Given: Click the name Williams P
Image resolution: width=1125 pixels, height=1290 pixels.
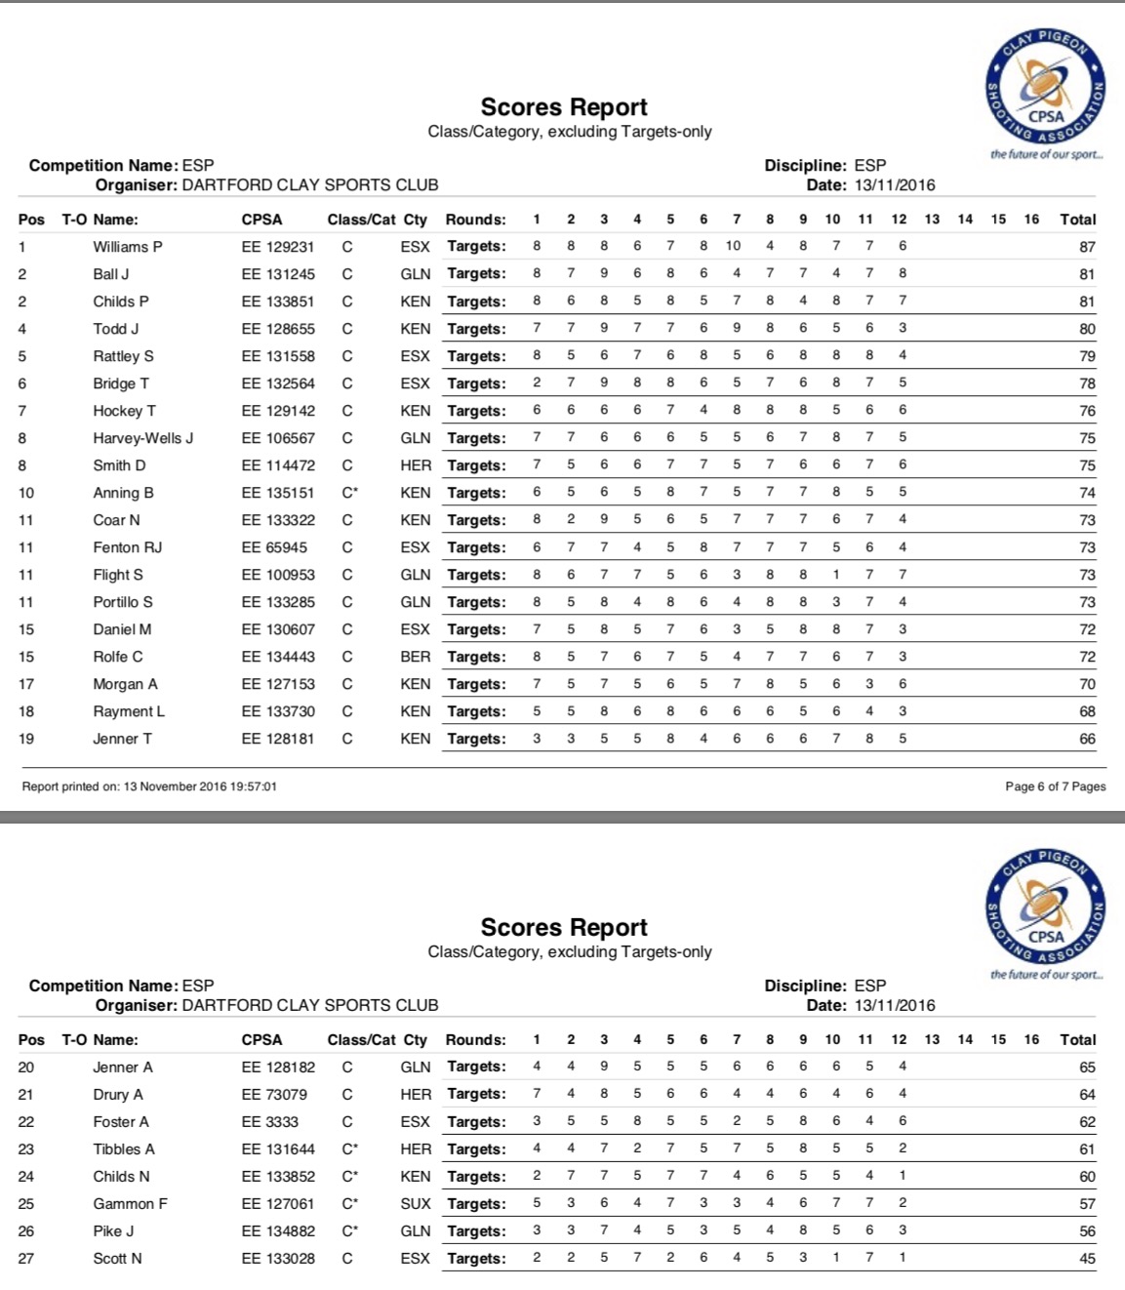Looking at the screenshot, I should point(128,247).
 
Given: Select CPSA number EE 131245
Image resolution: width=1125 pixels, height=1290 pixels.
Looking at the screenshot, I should point(278,274).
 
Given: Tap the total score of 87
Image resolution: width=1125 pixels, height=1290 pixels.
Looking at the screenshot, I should point(1087,247).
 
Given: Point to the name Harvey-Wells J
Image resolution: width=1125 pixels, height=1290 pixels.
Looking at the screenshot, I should point(143,438).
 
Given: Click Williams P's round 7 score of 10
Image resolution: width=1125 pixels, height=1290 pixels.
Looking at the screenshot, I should point(733,246).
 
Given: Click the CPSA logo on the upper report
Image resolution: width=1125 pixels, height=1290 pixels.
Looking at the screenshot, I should point(1046,88).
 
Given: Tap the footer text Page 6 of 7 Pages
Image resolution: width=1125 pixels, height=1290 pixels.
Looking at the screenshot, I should point(1055,786).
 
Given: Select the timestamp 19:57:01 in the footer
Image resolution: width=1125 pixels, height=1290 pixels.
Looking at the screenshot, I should point(253,786).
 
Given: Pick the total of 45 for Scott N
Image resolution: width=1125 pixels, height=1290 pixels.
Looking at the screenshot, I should point(1087,1259).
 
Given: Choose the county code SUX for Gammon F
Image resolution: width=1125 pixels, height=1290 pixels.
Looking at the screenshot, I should point(416,1204).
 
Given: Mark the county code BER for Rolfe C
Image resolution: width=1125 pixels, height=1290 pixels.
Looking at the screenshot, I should point(416,657).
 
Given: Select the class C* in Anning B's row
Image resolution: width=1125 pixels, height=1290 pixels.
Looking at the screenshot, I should point(349,493).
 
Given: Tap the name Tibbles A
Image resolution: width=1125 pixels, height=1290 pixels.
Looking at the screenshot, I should point(124,1149).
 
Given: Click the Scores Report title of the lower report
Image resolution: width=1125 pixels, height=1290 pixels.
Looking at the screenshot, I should point(564,927).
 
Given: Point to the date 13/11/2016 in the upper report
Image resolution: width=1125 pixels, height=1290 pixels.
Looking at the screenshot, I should point(895,185).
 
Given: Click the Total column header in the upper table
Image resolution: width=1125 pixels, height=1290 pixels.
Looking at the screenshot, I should point(1078,220).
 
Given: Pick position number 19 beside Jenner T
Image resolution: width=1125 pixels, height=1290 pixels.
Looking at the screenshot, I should point(26,739).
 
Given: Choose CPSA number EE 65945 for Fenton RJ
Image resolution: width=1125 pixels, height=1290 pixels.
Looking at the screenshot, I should point(274,547).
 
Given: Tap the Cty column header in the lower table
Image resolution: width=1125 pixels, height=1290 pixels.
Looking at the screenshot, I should point(416,1040).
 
